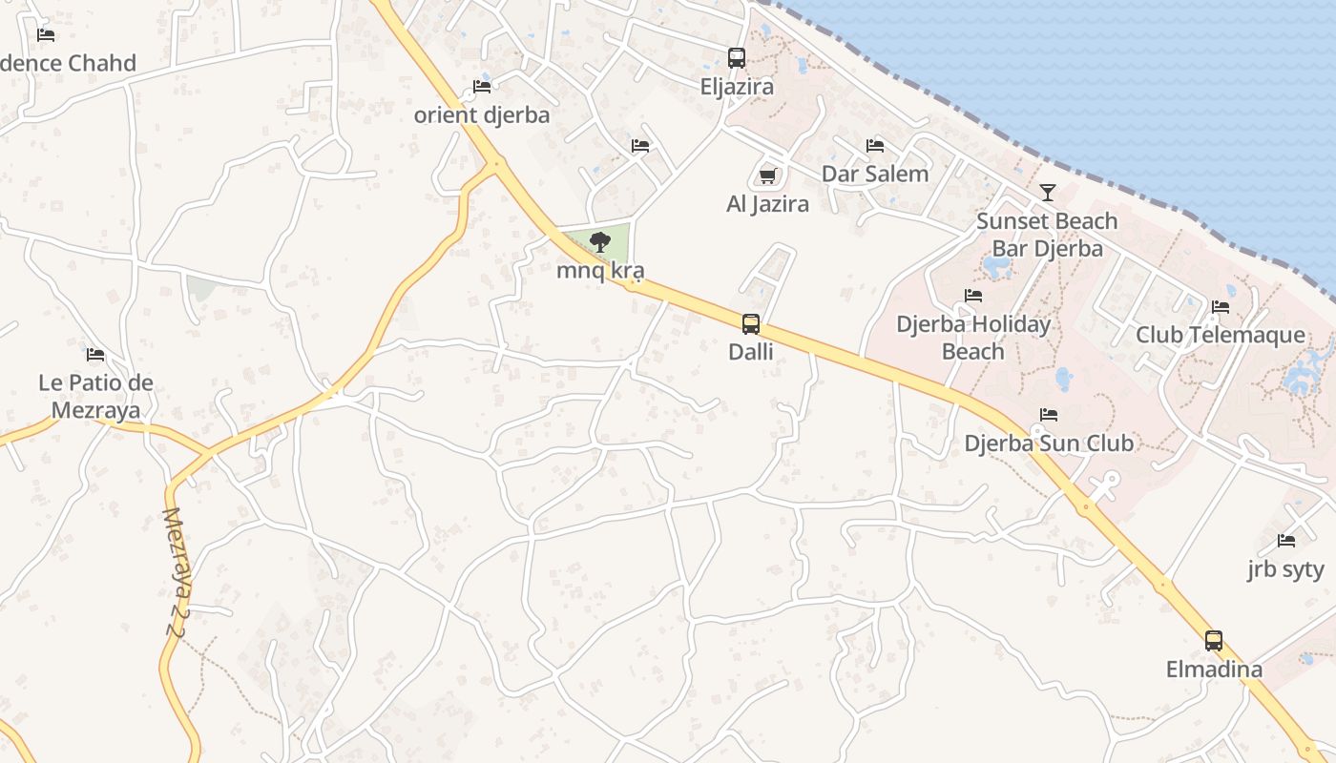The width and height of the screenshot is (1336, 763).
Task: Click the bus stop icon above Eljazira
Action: [736, 57]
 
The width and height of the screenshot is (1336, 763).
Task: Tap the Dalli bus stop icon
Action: [751, 324]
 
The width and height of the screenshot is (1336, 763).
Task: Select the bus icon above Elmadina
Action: [1213, 641]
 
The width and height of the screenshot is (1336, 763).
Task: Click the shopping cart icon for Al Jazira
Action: [767, 175]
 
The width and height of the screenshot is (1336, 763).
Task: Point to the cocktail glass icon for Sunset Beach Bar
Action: [1047, 193]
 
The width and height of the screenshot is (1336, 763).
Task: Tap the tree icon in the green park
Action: [600, 242]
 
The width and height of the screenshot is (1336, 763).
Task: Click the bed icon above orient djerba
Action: [482, 87]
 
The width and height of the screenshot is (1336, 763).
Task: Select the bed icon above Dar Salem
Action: [875, 146]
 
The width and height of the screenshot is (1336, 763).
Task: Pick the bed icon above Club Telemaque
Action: [1221, 307]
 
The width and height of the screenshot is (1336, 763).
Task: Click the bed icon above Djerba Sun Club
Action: [1049, 415]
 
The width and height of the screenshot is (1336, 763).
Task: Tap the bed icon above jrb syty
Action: [1286, 541]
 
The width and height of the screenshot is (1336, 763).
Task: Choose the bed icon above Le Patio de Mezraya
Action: [95, 355]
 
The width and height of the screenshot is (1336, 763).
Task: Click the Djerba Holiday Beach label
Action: [972, 338]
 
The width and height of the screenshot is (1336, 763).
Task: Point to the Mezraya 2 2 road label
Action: [177, 572]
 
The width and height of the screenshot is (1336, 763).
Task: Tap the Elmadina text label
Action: [1214, 670]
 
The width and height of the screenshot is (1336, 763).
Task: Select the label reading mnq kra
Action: [600, 270]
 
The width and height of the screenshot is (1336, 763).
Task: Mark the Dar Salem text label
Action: [875, 174]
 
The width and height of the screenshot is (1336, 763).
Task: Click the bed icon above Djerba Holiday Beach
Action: [973, 296]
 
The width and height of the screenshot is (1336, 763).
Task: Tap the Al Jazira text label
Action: [767, 203]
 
